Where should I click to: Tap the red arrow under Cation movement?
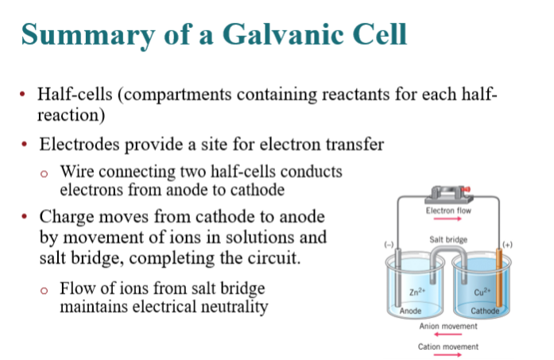click(x=447, y=354)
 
